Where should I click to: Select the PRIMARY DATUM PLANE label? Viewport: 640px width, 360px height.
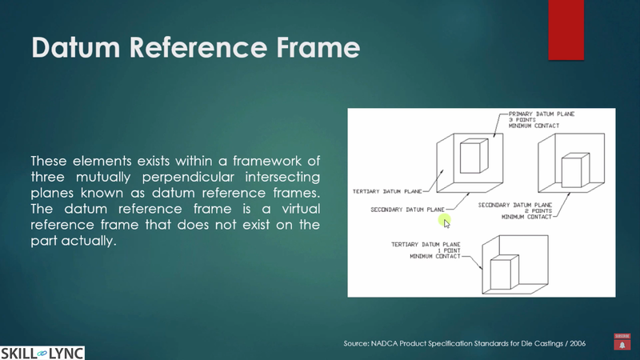coord(541,114)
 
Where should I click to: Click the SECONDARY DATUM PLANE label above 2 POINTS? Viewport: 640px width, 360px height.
coord(517,205)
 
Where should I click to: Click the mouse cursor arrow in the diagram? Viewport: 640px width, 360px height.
coord(447,222)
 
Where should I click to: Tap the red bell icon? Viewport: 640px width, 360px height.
coord(622,344)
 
